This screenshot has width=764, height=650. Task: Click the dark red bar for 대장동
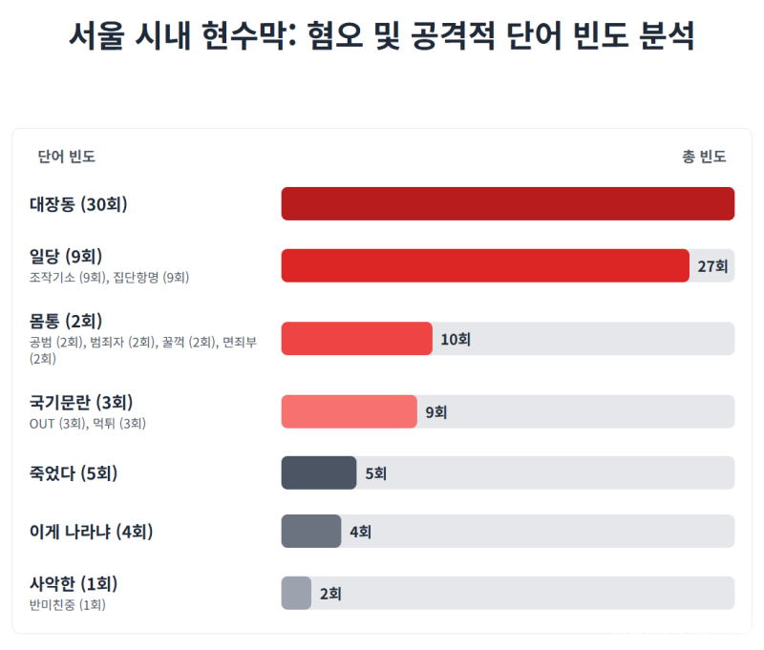point(507,203)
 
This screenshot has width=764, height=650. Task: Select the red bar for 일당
point(485,265)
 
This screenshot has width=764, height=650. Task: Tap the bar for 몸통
point(356,339)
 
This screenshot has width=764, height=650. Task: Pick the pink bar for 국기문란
point(349,411)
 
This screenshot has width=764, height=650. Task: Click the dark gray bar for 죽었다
point(318,472)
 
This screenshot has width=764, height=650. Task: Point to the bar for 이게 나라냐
point(310,531)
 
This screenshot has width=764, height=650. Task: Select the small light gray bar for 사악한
point(296,593)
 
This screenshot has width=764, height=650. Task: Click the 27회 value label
point(712,266)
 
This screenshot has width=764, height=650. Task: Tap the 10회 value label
point(455,339)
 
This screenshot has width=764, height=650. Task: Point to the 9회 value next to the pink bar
point(435,412)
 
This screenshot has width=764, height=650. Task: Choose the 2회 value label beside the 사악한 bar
point(330,594)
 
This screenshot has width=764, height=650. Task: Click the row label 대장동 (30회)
point(78,204)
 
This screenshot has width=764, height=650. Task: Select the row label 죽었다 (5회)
point(74,472)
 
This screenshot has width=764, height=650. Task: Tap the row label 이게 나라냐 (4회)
point(92,532)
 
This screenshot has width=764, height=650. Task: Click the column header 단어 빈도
point(66,157)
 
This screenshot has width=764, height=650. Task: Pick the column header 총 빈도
point(704,157)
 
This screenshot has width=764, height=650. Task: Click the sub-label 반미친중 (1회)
point(67,604)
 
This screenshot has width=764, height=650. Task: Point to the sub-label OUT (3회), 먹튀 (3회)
point(87,423)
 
